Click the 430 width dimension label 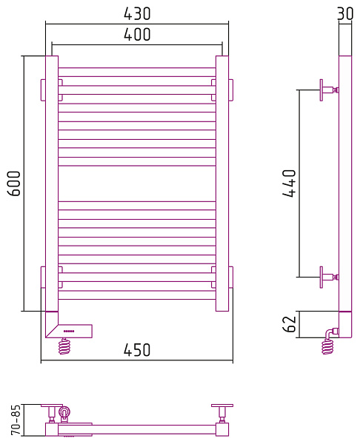click(x=137, y=13)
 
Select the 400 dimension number click(x=137, y=34)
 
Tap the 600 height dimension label click(x=14, y=184)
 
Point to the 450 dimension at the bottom click(x=137, y=350)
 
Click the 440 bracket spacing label click(x=289, y=184)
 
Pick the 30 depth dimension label click(x=345, y=13)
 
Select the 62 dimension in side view click(x=289, y=324)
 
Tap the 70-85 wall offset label click(x=16, y=420)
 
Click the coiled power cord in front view click(x=64, y=346)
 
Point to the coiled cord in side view click(x=327, y=346)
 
